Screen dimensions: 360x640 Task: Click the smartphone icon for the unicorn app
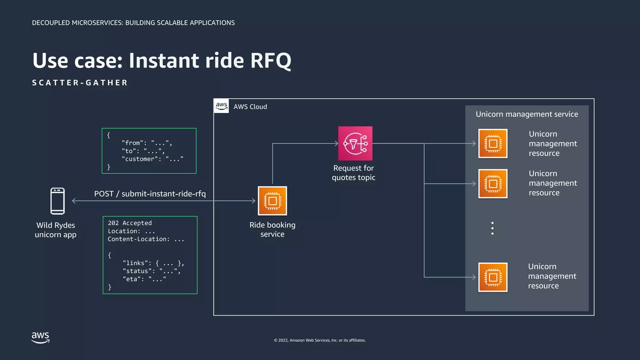click(x=57, y=201)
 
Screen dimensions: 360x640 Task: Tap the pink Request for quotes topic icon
click(x=355, y=143)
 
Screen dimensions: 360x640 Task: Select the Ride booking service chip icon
click(x=272, y=201)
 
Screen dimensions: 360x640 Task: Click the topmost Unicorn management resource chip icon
click(x=493, y=143)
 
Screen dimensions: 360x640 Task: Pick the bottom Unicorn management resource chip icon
click(x=493, y=277)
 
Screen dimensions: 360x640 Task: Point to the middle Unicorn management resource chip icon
click(x=493, y=184)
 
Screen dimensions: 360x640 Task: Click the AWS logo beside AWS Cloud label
click(x=222, y=106)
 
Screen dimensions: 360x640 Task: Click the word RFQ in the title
click(x=271, y=61)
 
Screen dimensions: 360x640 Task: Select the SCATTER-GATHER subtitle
click(x=80, y=83)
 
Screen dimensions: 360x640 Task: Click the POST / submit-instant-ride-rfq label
click(x=150, y=194)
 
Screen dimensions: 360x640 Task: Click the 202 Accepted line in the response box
click(x=130, y=223)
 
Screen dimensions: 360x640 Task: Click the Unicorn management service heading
click(x=527, y=114)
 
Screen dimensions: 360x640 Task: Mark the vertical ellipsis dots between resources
click(x=492, y=228)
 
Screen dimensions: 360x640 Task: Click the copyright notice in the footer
click(x=320, y=340)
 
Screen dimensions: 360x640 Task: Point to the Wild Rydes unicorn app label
click(x=56, y=230)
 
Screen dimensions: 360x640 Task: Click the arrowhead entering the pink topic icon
click(x=336, y=143)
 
